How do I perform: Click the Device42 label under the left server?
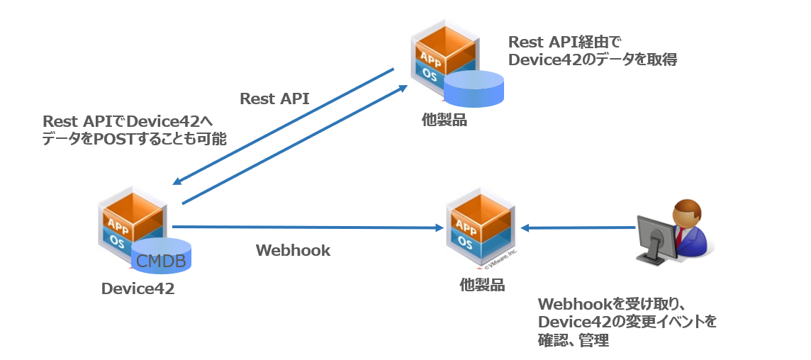138,288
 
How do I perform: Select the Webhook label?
293,250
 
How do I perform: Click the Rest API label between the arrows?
274,99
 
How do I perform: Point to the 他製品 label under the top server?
444,120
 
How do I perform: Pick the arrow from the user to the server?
578,227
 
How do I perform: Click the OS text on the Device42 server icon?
120,240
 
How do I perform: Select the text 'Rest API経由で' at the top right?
565,43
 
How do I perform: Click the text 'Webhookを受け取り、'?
610,304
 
